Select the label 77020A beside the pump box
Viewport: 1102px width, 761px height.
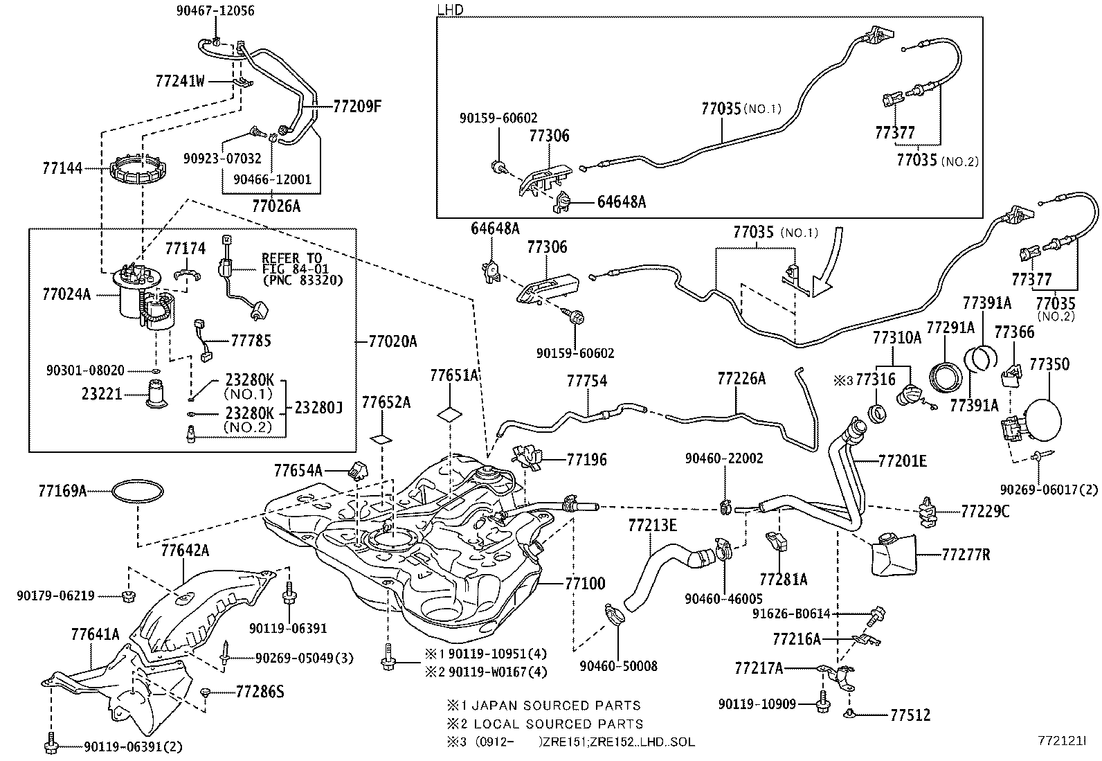(392, 341)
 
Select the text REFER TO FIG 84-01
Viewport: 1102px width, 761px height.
(291, 263)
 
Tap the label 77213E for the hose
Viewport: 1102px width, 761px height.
(652, 525)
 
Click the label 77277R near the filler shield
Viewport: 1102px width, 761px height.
(966, 554)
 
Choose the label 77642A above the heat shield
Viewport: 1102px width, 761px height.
(185, 551)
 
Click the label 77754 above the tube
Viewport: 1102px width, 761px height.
(587, 381)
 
